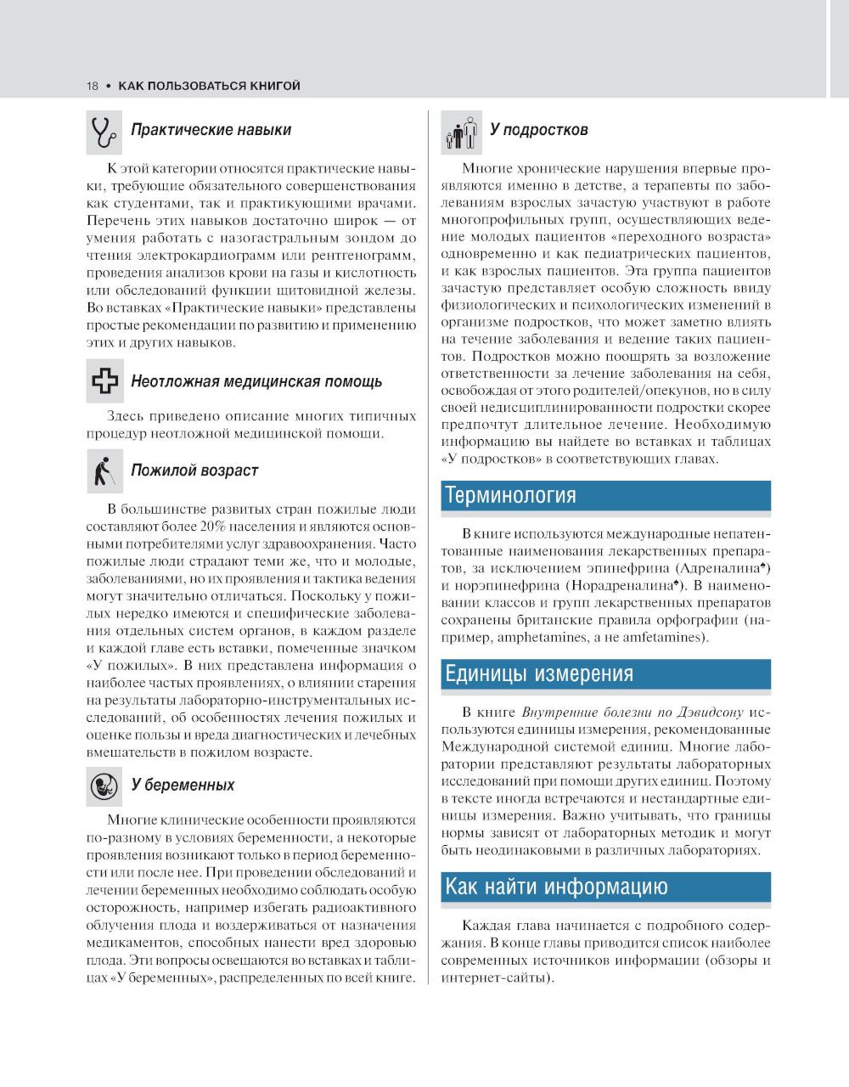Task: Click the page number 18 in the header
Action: coord(92,86)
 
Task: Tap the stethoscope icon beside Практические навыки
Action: coord(104,130)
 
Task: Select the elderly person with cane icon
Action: coord(104,470)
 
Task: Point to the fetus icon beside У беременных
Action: coord(104,785)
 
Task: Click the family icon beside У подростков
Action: coord(461,132)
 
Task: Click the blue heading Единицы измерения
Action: coord(539,673)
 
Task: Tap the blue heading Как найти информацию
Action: coord(556,887)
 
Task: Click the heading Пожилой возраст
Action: coord(194,470)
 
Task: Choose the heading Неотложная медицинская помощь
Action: coord(256,381)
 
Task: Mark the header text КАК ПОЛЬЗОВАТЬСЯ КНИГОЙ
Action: coord(209,86)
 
